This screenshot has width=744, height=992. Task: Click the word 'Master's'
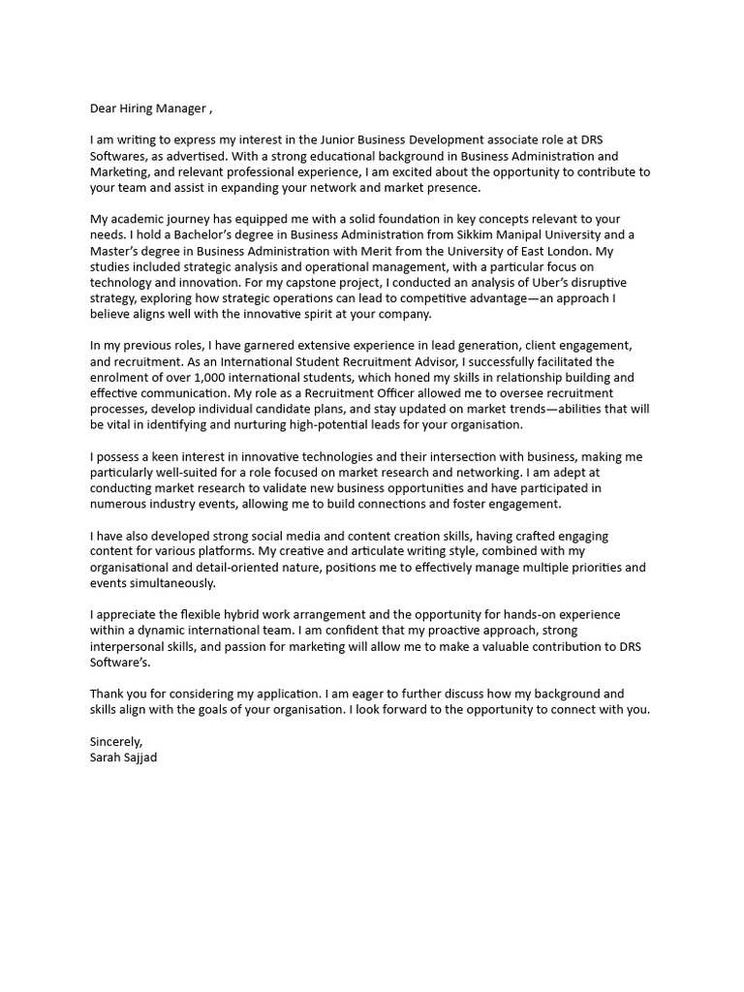coord(117,251)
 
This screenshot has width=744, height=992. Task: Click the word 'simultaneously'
coord(169,583)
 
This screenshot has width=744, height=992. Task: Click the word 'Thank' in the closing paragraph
coord(108,694)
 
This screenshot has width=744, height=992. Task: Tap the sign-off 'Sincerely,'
coord(116,741)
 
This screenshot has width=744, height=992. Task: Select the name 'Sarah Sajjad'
coord(123,758)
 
